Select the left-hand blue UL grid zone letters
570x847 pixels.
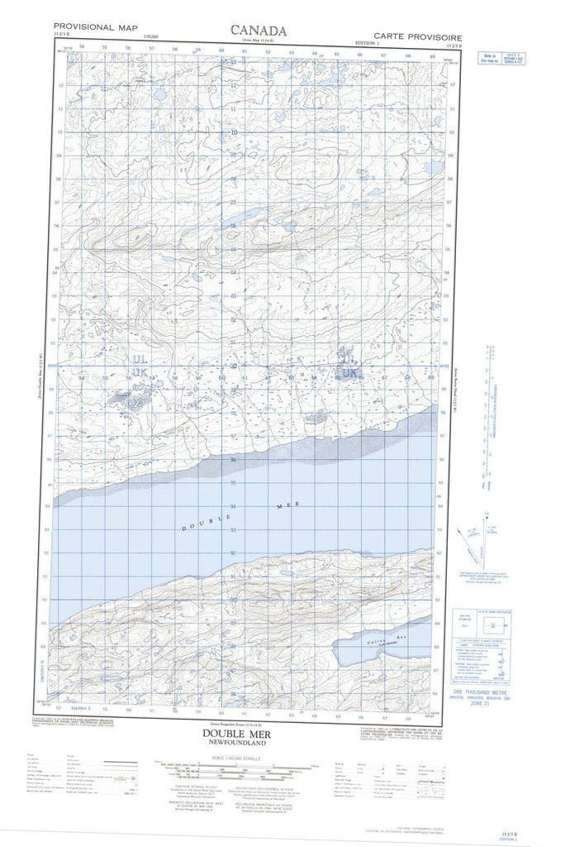coord(139,360)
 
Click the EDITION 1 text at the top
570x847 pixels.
coord(364,42)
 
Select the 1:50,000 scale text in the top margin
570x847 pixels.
coord(151,36)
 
